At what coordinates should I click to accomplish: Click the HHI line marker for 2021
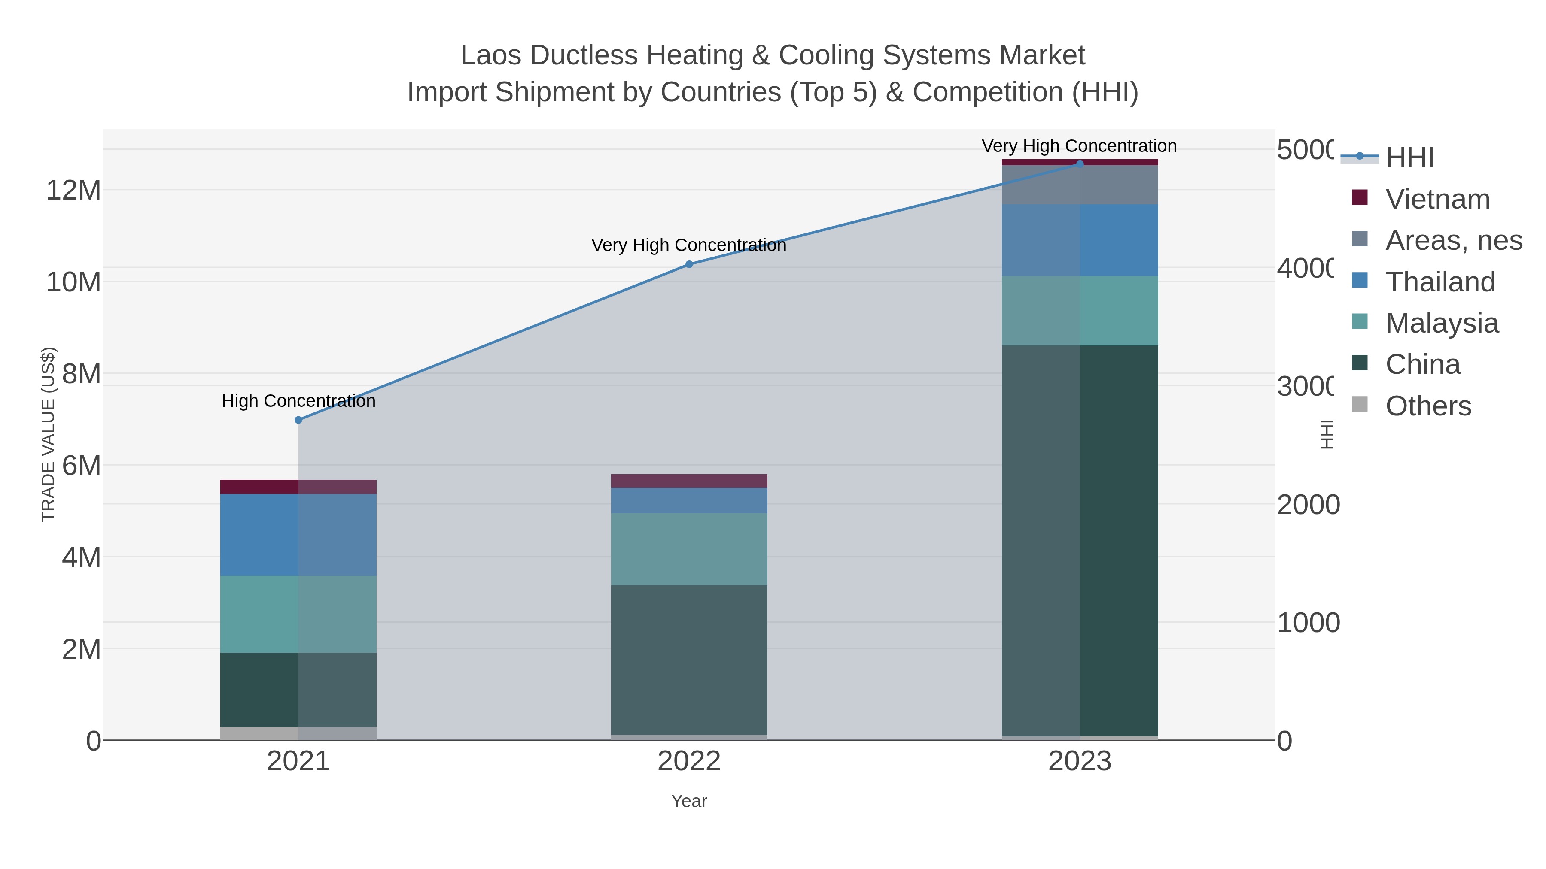click(298, 420)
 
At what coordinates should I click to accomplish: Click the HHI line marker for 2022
click(689, 264)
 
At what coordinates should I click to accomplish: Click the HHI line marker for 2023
click(1080, 164)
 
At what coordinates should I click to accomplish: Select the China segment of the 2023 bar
click(1080, 540)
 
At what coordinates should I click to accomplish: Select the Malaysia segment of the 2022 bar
click(689, 549)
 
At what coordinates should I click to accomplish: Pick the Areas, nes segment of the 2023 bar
click(1080, 185)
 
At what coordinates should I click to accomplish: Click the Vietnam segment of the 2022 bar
click(689, 481)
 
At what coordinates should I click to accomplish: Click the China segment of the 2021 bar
click(298, 690)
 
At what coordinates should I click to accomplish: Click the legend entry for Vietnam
click(1437, 199)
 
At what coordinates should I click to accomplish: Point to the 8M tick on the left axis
click(82, 374)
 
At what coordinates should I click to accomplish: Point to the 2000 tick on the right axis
click(1308, 505)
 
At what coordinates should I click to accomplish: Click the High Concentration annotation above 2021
click(298, 401)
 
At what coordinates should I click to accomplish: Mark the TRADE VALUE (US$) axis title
click(48, 434)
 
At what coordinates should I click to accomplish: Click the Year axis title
click(689, 801)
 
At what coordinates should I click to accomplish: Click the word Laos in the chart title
click(490, 55)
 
